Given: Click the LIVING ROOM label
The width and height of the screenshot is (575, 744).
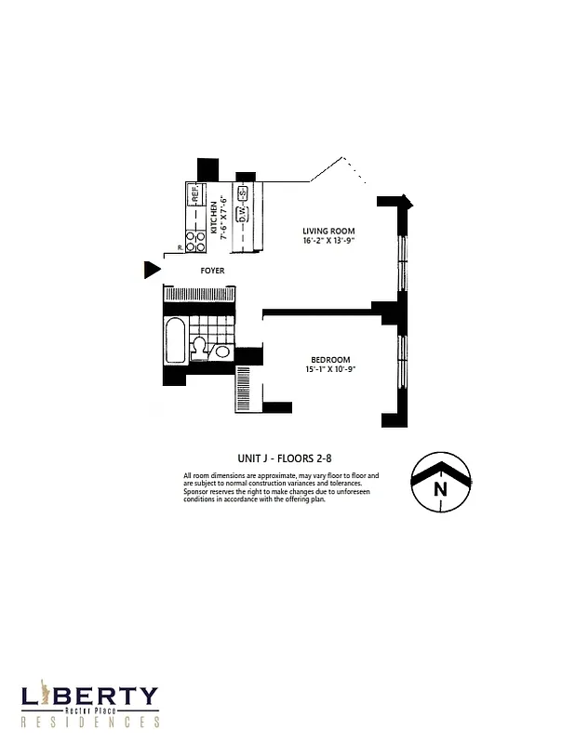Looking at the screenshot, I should coord(328,231).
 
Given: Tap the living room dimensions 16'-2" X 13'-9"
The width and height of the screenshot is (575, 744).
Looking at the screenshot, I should coord(328,241).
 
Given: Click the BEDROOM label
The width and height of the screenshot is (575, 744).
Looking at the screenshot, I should coord(330,360).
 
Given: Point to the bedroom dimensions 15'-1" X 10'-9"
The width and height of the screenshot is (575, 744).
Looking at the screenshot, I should coord(330,370).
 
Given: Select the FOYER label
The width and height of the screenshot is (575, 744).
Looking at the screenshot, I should coord(213,271).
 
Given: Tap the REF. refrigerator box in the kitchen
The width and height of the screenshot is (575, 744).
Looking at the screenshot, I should coord(195,195).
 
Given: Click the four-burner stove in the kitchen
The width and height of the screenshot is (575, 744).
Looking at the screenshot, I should coord(195,240).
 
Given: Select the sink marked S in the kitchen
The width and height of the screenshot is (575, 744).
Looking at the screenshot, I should coord(242,194).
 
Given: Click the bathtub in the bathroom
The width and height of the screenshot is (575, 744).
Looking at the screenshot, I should coord(175,341).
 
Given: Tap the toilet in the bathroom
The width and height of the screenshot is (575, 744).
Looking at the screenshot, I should coord(199,349).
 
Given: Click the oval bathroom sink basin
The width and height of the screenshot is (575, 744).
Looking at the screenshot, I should coord(221,351).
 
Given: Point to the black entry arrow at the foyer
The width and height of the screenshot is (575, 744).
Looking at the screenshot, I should coord(152,271).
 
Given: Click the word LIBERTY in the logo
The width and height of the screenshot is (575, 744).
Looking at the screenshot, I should coord(90,697).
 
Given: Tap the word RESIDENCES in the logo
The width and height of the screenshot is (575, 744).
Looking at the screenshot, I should coord(90,722).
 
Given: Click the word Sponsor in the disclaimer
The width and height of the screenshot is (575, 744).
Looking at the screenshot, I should coord(200,492).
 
